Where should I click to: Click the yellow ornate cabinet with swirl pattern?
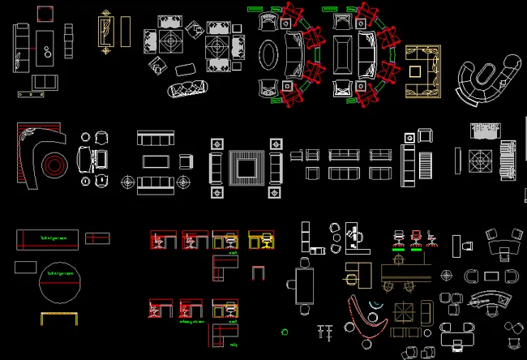click(x=105, y=32)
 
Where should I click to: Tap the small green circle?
click(x=285, y=331)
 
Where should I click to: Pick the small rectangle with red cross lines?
click(x=98, y=238)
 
